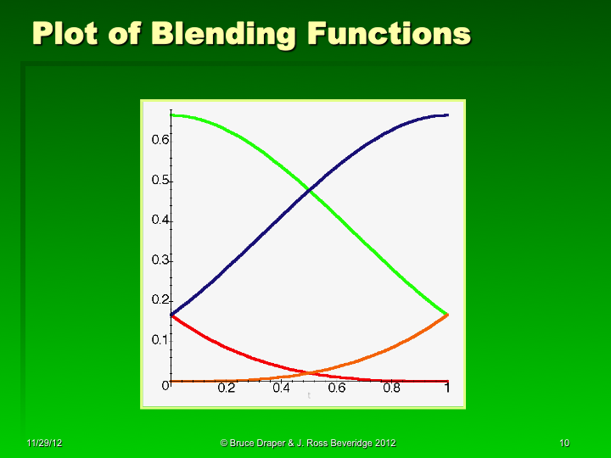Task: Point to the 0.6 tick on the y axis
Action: pyautogui.click(x=160, y=139)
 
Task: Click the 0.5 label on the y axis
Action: pyautogui.click(x=160, y=181)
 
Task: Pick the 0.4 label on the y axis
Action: pyautogui.click(x=160, y=220)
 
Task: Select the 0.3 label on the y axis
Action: pyautogui.click(x=160, y=260)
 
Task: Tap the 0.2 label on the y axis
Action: pyautogui.click(x=160, y=300)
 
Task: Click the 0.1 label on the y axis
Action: pyautogui.click(x=160, y=340)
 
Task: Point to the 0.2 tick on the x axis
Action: pyautogui.click(x=227, y=388)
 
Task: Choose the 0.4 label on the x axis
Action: pyautogui.click(x=282, y=388)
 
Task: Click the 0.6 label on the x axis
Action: pyautogui.click(x=337, y=388)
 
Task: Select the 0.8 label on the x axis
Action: pyautogui.click(x=392, y=388)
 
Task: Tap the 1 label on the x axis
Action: pyautogui.click(x=446, y=388)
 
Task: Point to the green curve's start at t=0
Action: pyautogui.click(x=171, y=114)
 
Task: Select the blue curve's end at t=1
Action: pyautogui.click(x=447, y=114)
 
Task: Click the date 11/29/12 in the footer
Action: pyautogui.click(x=43, y=444)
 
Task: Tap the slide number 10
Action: pyautogui.click(x=564, y=444)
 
